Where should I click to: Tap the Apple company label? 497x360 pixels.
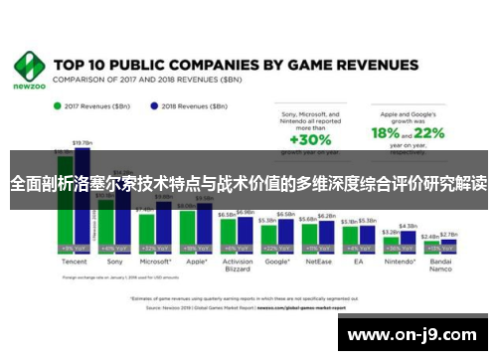point(194,261)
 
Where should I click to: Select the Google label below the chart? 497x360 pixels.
point(278,261)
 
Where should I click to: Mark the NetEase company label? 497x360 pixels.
point(319,261)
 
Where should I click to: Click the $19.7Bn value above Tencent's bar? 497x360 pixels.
point(82,143)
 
